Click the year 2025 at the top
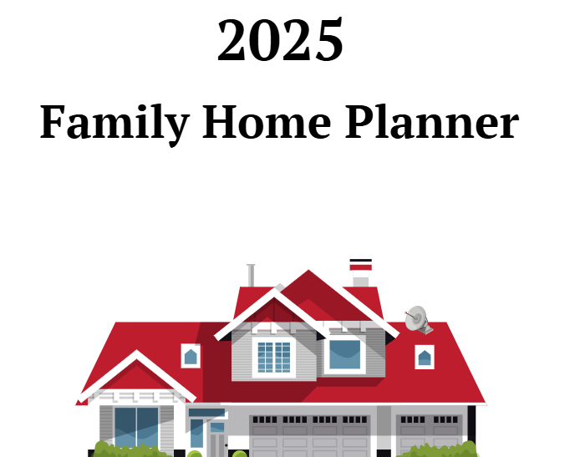(x=280, y=40)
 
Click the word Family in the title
(x=114, y=124)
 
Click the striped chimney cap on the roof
(x=361, y=266)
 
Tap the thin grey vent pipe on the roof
(x=251, y=276)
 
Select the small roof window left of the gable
(x=191, y=356)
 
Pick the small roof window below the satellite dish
(x=425, y=358)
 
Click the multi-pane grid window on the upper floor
(x=274, y=357)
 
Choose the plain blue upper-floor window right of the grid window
(x=344, y=354)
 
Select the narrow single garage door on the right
(x=428, y=434)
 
